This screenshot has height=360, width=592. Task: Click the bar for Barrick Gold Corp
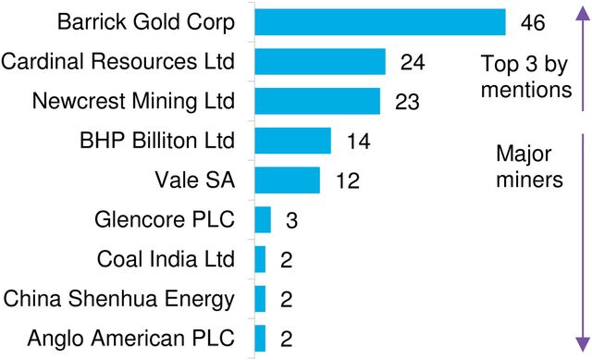[x=379, y=21]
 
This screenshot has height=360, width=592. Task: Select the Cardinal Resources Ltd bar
[x=319, y=61]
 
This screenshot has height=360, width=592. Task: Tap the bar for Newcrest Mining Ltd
[x=316, y=101]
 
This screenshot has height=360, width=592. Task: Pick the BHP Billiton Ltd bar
[x=292, y=141]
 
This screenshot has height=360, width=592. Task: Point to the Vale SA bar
[x=287, y=180]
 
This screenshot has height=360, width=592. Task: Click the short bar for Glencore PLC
[x=263, y=219]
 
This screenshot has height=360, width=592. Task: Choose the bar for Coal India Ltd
[x=260, y=259]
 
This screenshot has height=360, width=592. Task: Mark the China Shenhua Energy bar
[x=260, y=299]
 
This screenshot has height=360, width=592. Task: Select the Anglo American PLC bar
[x=260, y=338]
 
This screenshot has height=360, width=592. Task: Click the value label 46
[x=531, y=22]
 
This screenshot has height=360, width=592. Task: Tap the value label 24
[x=412, y=62]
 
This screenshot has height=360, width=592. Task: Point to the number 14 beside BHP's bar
[x=357, y=142]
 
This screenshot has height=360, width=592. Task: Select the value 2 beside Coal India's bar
[x=286, y=260]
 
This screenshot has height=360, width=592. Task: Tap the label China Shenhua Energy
[x=119, y=299]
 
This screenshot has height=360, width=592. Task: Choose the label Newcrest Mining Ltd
[x=133, y=101]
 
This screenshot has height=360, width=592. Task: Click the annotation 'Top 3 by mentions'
[x=525, y=78]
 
